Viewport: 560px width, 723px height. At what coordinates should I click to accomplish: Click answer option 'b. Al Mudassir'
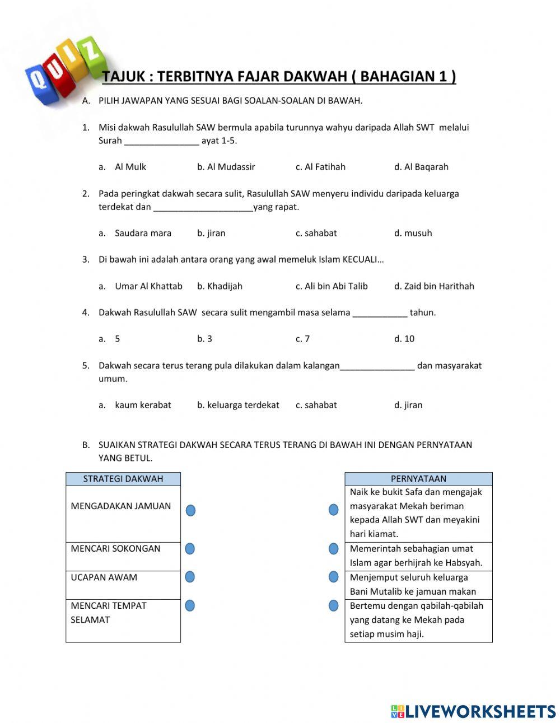(226, 167)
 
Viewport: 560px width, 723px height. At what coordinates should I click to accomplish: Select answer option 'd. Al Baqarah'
(421, 167)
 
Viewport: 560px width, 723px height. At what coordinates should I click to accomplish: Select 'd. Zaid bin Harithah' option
(434, 286)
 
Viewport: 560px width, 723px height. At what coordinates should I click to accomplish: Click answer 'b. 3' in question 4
(204, 339)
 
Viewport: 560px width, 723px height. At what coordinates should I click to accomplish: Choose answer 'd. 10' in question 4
(404, 339)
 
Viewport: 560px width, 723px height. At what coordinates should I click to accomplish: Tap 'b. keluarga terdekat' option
(238, 405)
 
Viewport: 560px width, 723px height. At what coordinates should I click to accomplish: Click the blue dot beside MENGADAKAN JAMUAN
(190, 510)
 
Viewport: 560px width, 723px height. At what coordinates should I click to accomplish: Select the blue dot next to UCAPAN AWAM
(190, 577)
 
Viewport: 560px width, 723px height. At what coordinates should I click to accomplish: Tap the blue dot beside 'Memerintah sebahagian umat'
(334, 549)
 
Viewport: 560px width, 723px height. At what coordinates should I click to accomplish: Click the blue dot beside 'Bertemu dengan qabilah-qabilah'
(334, 605)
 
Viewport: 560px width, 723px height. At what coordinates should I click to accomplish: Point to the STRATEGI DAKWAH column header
(123, 479)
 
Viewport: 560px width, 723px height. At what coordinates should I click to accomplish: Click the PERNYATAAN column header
(418, 479)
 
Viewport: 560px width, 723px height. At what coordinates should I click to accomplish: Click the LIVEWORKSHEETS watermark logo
(473, 711)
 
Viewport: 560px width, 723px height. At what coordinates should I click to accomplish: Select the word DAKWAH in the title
(315, 77)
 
